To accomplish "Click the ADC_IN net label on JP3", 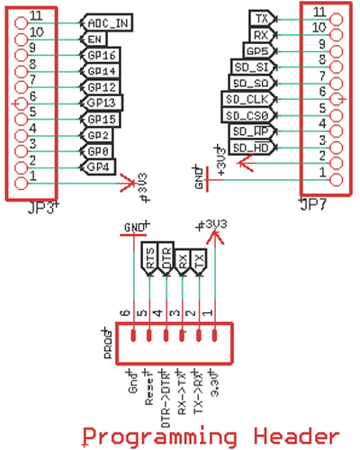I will pyautogui.click(x=105, y=22).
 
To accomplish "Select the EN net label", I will pyautogui.click(x=94, y=39).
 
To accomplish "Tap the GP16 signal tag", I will pyautogui.click(x=101, y=55).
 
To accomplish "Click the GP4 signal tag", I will pyautogui.click(x=97, y=166).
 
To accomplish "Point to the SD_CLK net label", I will pyautogui.click(x=245, y=98).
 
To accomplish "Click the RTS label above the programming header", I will pyautogui.click(x=150, y=258).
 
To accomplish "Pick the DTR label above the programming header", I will pyautogui.click(x=166, y=258).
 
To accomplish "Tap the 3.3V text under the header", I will pyautogui.click(x=213, y=383).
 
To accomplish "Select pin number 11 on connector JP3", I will pyautogui.click(x=34, y=16).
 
